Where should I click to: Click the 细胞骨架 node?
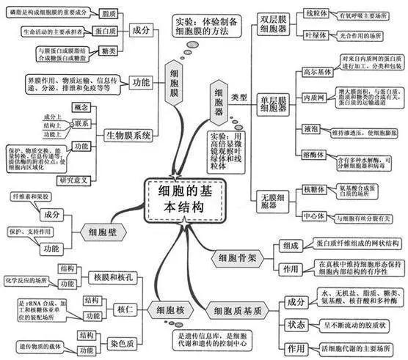pos(233,258)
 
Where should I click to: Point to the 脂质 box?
pos(108,13)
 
